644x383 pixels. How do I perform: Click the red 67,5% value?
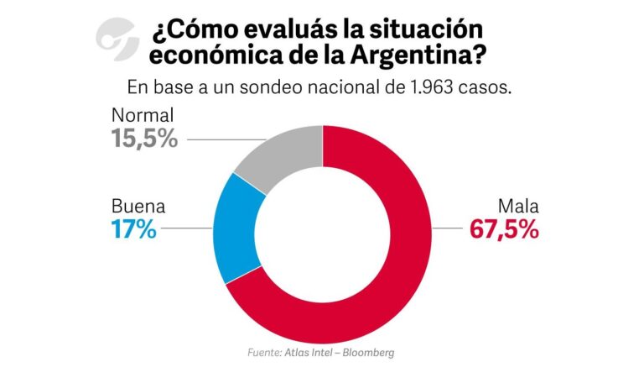click(503, 229)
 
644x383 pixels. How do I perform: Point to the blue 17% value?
click(134, 229)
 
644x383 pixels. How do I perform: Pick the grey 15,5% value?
click(144, 138)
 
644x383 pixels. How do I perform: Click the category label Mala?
click(518, 206)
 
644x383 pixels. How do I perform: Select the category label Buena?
click(138, 206)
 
